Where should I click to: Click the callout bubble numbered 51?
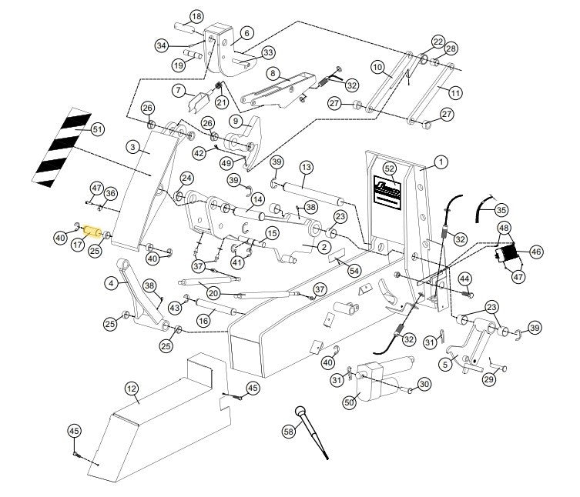pyautogui.click(x=97, y=128)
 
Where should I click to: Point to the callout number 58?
pyautogui.click(x=289, y=432)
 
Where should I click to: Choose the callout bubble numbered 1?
pyautogui.click(x=440, y=162)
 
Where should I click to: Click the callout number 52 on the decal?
pyautogui.click(x=389, y=168)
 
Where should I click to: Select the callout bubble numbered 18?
pyautogui.click(x=196, y=17)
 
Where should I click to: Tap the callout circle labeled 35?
pyautogui.click(x=501, y=209)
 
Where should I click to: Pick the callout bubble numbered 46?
pyautogui.click(x=535, y=251)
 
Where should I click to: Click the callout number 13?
pyautogui.click(x=306, y=167)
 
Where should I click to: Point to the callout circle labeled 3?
pyautogui.click(x=133, y=146)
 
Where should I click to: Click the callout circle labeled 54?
pyautogui.click(x=354, y=270)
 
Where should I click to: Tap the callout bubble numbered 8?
pyautogui.click(x=273, y=74)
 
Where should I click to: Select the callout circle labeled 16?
pyautogui.click(x=204, y=320)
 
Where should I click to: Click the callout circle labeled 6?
pyautogui.click(x=246, y=32)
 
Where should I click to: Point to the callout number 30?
pyautogui.click(x=424, y=384)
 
